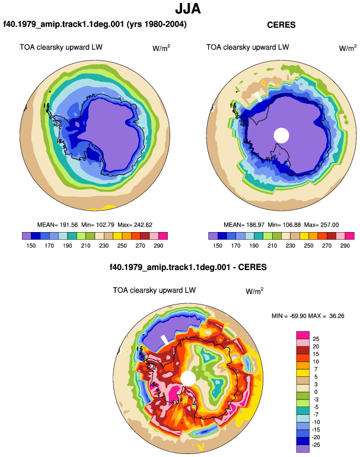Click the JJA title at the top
click(x=188, y=9)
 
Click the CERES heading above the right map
click(x=281, y=25)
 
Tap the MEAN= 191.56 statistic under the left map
click(x=58, y=225)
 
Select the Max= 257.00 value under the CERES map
click(x=321, y=225)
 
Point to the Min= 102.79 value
click(x=98, y=225)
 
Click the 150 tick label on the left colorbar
click(x=31, y=246)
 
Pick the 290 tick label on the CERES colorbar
click(x=345, y=246)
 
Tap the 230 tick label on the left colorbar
click(x=104, y=246)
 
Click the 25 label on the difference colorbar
click(x=316, y=339)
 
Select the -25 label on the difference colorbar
click(x=316, y=445)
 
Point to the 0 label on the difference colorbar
click(x=316, y=392)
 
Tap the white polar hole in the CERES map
click(x=281, y=135)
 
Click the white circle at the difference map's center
click(x=188, y=378)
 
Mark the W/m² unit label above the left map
click(x=161, y=48)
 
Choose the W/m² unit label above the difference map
click(x=254, y=291)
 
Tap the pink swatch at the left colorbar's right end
click(x=163, y=236)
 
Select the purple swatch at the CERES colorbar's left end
click(x=213, y=236)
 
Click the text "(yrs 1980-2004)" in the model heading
click(x=157, y=24)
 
